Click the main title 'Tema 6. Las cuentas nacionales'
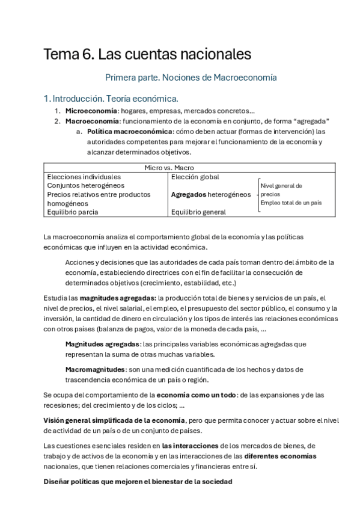(x=147, y=55)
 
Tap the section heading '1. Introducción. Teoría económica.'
(x=110, y=98)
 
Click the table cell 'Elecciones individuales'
(x=84, y=177)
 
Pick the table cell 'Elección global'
(x=195, y=177)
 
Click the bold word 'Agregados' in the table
(x=189, y=195)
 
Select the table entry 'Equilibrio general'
(x=198, y=212)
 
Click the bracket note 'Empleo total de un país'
(x=290, y=203)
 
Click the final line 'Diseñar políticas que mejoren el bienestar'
(x=138, y=482)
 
